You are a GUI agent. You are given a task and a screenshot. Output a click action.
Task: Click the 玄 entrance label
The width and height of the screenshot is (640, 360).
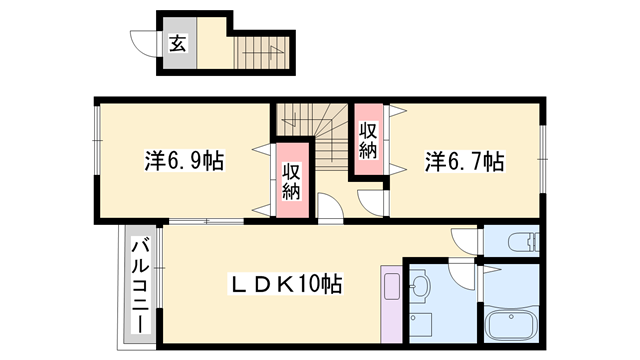[177, 43]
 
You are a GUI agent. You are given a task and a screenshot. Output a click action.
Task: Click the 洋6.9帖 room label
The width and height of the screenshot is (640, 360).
[184, 160]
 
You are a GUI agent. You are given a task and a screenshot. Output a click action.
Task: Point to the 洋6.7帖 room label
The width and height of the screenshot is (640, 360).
[464, 160]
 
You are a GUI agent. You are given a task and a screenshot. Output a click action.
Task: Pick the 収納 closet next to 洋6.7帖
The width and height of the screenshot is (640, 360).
[369, 140]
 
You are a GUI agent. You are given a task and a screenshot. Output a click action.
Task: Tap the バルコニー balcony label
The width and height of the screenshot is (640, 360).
[141, 286]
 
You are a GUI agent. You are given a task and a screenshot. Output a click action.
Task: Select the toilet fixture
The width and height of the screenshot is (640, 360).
[521, 243]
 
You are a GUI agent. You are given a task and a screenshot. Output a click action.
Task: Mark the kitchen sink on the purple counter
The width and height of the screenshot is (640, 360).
[391, 288]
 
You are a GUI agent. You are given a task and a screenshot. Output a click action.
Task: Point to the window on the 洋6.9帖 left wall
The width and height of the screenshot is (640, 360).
[96, 150]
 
